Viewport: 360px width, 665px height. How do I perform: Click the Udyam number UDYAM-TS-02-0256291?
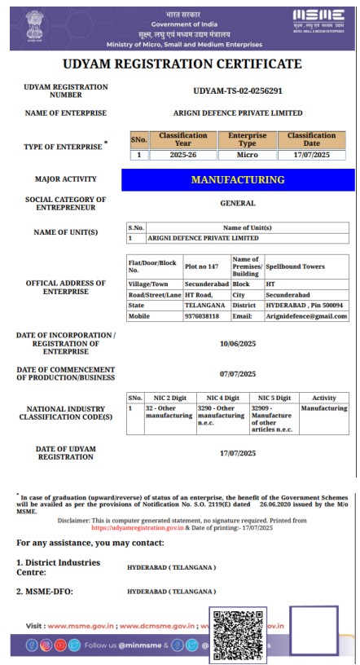[238, 90]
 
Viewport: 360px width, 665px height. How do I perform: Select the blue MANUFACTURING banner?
[238, 179]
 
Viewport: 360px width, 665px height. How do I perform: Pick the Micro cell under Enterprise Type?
[248, 155]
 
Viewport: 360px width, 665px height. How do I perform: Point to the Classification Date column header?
[311, 139]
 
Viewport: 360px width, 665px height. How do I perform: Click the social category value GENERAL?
[238, 203]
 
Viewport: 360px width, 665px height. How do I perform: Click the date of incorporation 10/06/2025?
[238, 344]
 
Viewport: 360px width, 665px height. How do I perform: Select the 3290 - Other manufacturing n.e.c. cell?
[221, 415]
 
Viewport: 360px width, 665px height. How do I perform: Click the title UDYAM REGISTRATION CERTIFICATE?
[181, 64]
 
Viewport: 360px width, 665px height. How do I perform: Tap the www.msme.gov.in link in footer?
[81, 626]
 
